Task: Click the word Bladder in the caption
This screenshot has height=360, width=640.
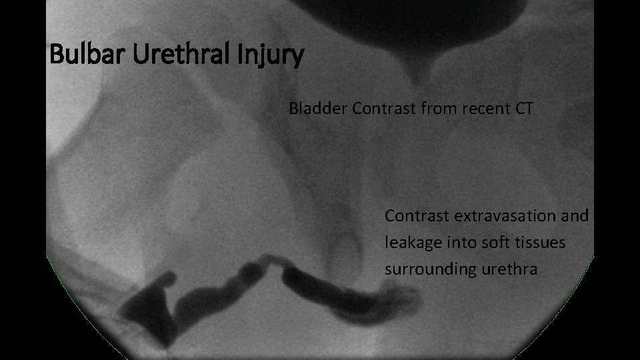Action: click(318, 109)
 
